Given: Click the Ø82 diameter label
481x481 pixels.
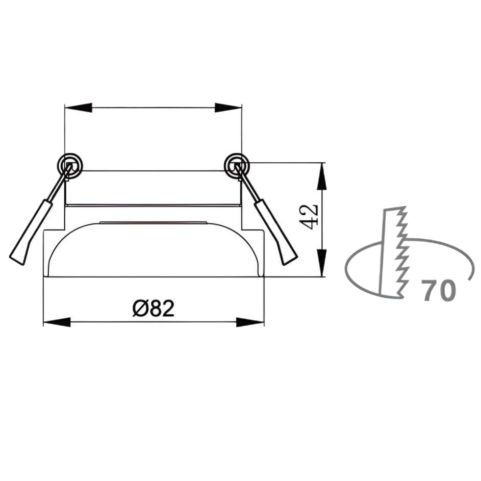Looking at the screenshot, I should point(153,309).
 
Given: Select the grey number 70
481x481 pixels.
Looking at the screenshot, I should point(439,290).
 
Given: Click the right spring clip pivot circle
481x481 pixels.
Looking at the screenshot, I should point(236,165).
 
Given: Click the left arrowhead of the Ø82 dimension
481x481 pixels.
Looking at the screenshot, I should point(57,322).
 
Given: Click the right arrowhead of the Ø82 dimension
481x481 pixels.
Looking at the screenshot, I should point(250,322).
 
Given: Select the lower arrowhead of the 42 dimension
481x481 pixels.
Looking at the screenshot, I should point(321,263).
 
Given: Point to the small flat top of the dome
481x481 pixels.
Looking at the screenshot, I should point(153,222).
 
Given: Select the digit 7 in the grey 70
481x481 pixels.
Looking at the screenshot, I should point(430,290).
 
